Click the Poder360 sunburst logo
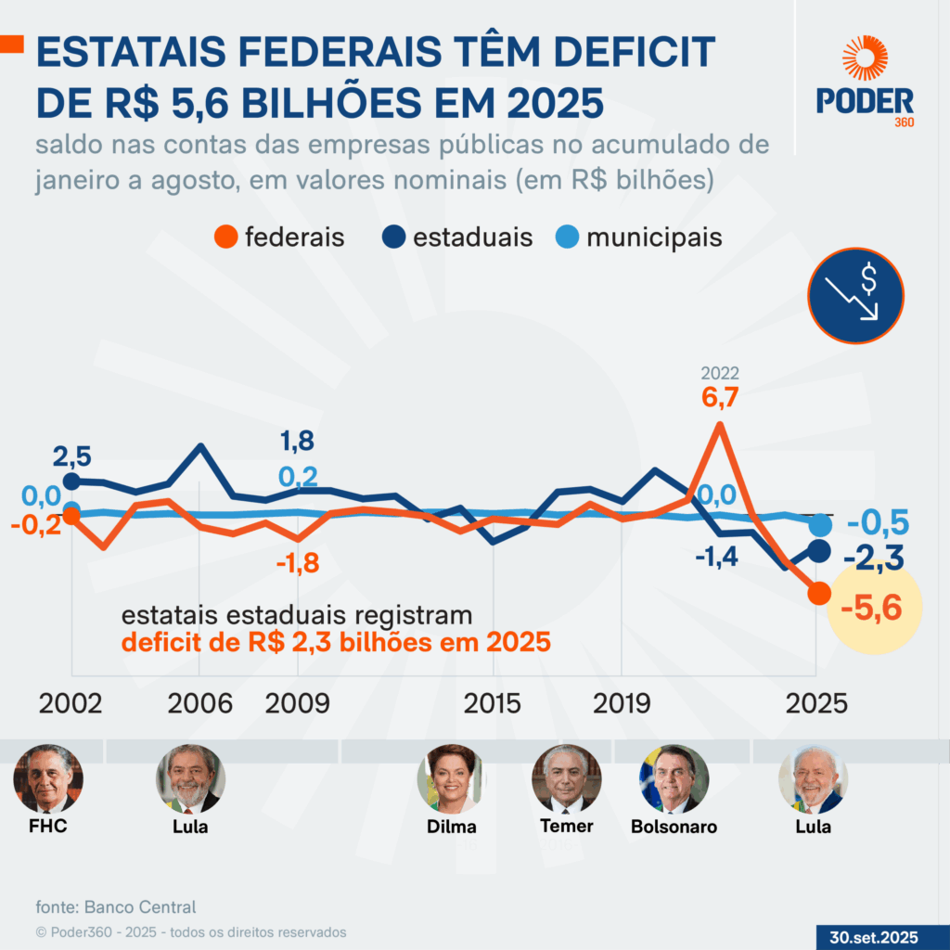point(865,58)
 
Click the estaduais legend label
point(472,237)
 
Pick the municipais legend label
point(654,237)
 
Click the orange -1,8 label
point(297,562)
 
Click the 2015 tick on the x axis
point(493,703)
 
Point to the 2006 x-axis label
point(200,703)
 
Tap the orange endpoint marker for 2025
point(817,594)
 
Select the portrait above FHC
point(48,777)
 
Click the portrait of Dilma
point(452,777)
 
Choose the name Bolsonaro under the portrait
point(674,827)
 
